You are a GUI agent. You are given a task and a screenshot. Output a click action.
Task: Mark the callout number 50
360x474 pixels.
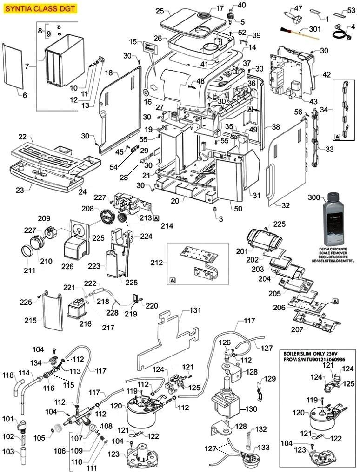pyautogui.click(x=238, y=209)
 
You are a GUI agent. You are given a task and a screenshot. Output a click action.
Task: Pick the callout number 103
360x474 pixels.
pyautogui.click(x=8, y=452)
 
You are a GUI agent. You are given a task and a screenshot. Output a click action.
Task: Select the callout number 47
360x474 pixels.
pyautogui.click(x=298, y=8)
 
